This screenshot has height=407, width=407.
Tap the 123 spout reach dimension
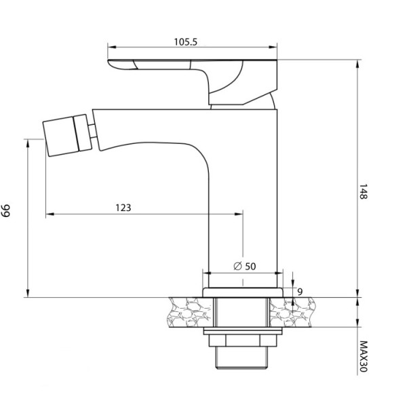(x=123, y=208)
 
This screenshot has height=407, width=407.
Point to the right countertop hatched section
(x=293, y=313)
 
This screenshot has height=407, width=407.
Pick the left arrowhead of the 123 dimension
(x=48, y=215)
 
